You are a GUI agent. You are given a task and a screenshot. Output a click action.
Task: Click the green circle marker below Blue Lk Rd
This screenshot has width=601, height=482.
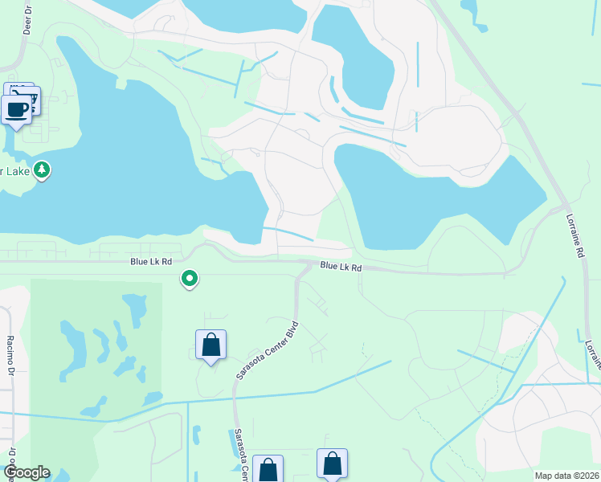pyautogui.click(x=190, y=279)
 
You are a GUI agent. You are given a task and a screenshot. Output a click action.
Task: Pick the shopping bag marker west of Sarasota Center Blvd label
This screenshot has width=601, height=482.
pyautogui.click(x=211, y=345)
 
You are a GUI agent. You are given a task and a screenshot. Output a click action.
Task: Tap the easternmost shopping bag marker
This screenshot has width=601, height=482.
pyautogui.click(x=332, y=464)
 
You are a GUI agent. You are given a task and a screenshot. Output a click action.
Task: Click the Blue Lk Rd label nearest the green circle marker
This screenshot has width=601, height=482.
pyautogui.click(x=151, y=262)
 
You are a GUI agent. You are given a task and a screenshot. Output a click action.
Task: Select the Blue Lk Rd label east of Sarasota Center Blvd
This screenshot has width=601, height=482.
pyautogui.click(x=341, y=267)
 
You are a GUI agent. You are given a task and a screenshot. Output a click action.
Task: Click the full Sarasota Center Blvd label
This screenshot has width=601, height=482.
pyautogui.click(x=268, y=350)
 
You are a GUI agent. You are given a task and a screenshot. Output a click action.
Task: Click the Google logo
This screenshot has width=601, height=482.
pyautogui.click(x=27, y=472)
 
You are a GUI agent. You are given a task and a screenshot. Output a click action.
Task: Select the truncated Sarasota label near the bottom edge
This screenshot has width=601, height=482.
pyautogui.click(x=239, y=455)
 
